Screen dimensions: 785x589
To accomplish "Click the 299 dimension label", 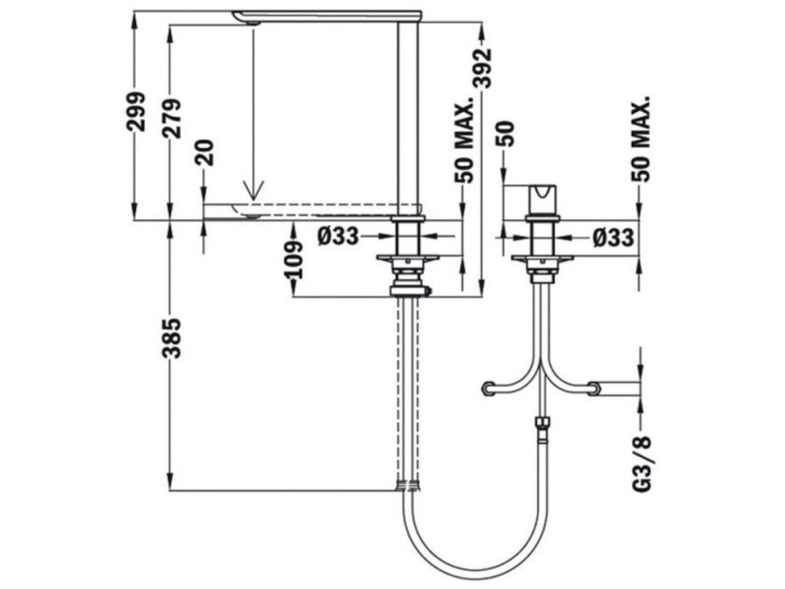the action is point(135,111).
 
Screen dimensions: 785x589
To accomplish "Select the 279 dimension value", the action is point(172,119).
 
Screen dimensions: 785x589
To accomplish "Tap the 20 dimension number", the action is point(204,152).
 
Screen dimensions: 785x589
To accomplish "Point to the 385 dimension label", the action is point(171,338).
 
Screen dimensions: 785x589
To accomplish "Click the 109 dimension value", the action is point(294,259).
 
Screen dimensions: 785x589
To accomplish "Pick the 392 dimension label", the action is point(483,67).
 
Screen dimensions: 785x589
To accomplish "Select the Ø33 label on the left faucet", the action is point(338,237).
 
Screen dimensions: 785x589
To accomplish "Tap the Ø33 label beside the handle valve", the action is point(613,237).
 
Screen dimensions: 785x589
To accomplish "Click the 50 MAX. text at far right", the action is point(641,138).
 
